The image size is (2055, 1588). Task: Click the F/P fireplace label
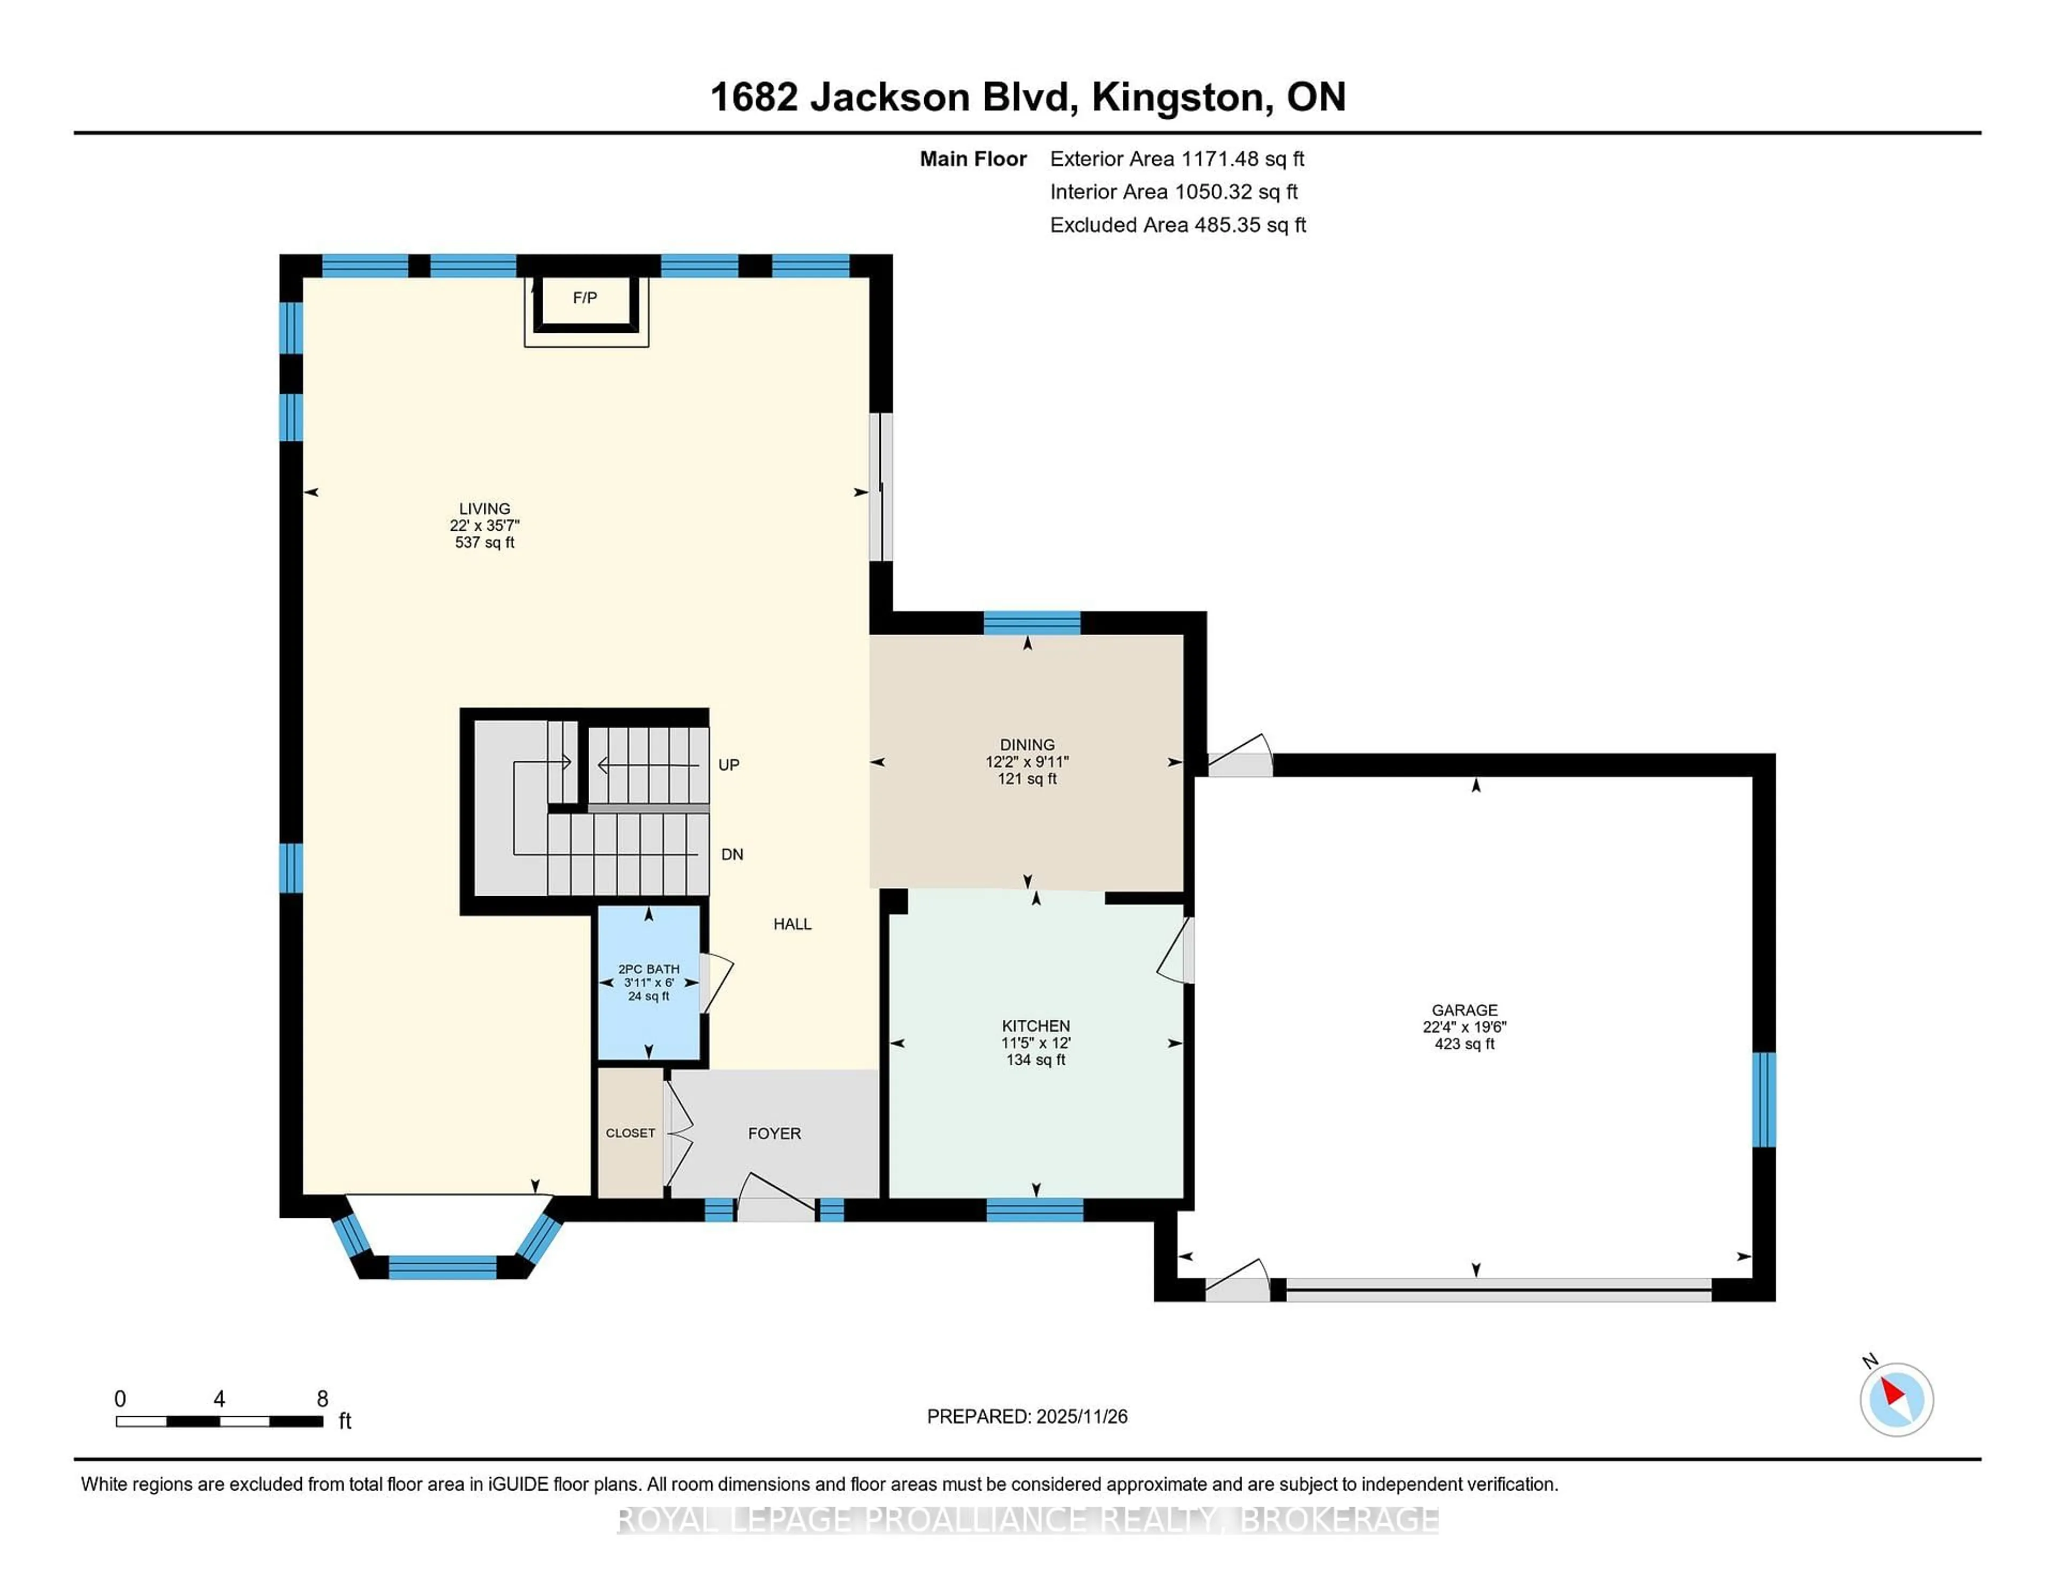584,297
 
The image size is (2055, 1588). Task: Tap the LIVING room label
484,508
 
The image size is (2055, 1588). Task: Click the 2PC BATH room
648,982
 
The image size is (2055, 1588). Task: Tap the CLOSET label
629,1133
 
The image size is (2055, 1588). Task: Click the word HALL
792,924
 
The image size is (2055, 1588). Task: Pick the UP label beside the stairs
728,765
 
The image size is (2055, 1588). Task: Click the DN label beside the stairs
732,854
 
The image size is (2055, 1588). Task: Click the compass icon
1896,1399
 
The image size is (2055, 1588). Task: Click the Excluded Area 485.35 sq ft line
1177,225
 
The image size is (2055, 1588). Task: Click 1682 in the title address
753,98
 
